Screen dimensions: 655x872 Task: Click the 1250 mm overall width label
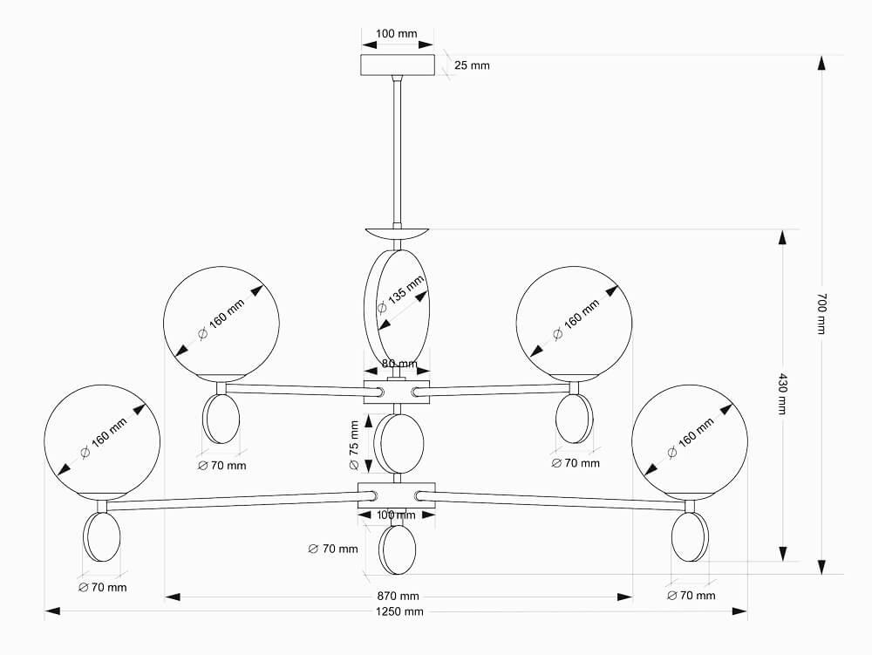(399, 611)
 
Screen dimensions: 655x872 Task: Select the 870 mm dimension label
(398, 597)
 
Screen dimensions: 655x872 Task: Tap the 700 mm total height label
(821, 314)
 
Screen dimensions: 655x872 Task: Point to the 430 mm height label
(782, 394)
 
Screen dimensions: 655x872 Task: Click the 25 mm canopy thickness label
(472, 65)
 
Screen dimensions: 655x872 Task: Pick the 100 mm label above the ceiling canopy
(396, 34)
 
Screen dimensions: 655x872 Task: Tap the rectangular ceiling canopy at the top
(397, 65)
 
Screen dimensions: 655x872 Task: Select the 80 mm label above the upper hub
(399, 364)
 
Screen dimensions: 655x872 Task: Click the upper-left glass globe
(221, 324)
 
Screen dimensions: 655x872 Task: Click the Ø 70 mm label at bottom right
(691, 596)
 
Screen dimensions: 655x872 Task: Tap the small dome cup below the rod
(397, 233)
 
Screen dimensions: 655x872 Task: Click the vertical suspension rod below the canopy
(397, 148)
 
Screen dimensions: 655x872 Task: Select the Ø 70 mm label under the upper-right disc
(576, 464)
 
